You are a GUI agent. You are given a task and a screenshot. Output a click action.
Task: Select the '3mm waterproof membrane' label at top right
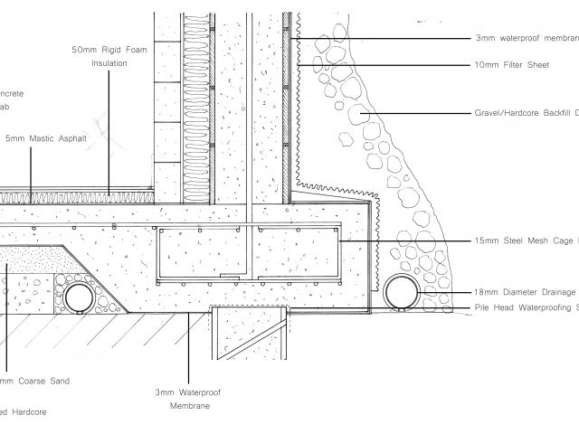coord(526,39)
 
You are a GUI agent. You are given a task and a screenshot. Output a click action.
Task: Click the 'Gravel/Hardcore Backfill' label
coord(525,115)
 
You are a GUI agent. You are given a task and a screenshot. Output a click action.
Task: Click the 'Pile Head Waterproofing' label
coord(525,307)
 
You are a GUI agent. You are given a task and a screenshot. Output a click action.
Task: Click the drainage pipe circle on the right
coord(399,292)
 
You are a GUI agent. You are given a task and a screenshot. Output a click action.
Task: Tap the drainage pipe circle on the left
coord(79,295)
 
